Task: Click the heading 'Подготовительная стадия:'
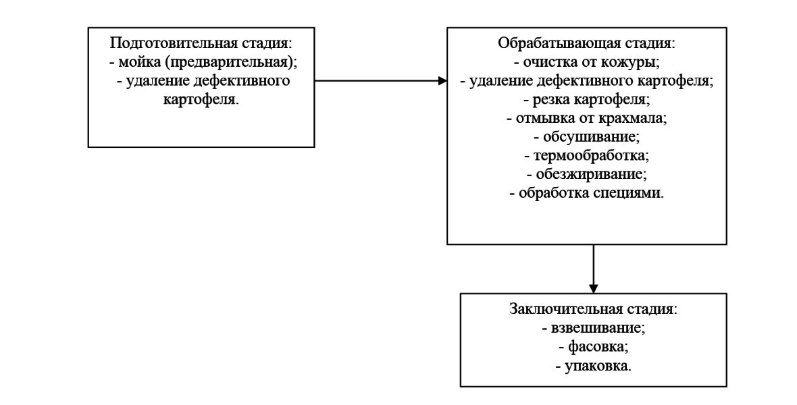click(201, 43)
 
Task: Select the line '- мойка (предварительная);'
click(203, 61)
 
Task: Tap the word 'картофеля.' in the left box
click(201, 99)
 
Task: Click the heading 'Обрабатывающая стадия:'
click(587, 43)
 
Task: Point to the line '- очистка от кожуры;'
click(587, 61)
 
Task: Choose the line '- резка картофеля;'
click(587, 99)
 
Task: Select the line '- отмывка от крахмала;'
click(587, 118)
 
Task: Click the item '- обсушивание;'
click(587, 137)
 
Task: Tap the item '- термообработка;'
click(587, 155)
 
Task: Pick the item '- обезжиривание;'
click(587, 174)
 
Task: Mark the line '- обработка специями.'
click(587, 193)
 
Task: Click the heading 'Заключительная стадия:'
click(594, 309)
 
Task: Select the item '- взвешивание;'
click(594, 328)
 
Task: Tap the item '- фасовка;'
click(594, 346)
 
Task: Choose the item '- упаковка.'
click(594, 365)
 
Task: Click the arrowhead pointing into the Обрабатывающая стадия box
click(442, 80)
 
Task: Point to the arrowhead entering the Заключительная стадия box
click(593, 288)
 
